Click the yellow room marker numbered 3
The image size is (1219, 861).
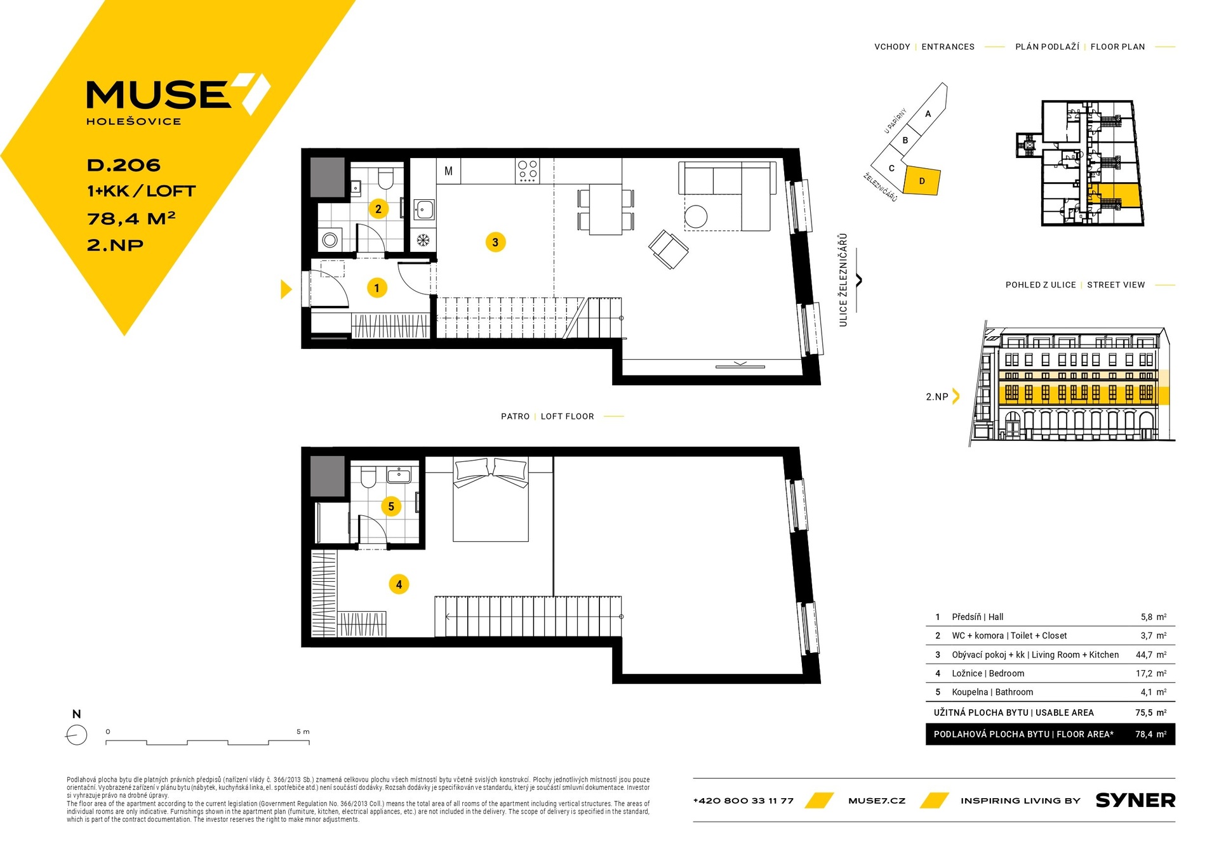[x=495, y=242]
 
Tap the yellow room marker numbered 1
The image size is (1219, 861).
[x=376, y=288]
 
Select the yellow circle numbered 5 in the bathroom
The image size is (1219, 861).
[x=391, y=506]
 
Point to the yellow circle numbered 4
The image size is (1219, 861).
[x=399, y=584]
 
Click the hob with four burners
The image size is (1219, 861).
[x=528, y=171]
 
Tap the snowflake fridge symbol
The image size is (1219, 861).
[x=423, y=240]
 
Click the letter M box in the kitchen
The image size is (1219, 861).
[x=448, y=171]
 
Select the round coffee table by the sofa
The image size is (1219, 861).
[x=696, y=216]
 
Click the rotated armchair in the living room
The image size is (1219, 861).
[x=668, y=249]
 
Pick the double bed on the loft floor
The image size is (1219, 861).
[x=490, y=499]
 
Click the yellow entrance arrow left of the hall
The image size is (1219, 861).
[x=286, y=289]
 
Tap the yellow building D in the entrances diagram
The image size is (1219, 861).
[x=921, y=181]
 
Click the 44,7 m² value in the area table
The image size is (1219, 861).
[x=1153, y=655]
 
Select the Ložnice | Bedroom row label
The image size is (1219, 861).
[x=988, y=673]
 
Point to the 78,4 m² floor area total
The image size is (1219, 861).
[x=1150, y=734]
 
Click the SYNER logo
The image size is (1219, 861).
[x=1135, y=801]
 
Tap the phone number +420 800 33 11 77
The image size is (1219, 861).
[x=743, y=801]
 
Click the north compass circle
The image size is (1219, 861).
[x=77, y=735]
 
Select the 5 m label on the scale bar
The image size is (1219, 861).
[x=303, y=732]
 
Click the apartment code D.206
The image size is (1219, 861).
[x=124, y=165]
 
